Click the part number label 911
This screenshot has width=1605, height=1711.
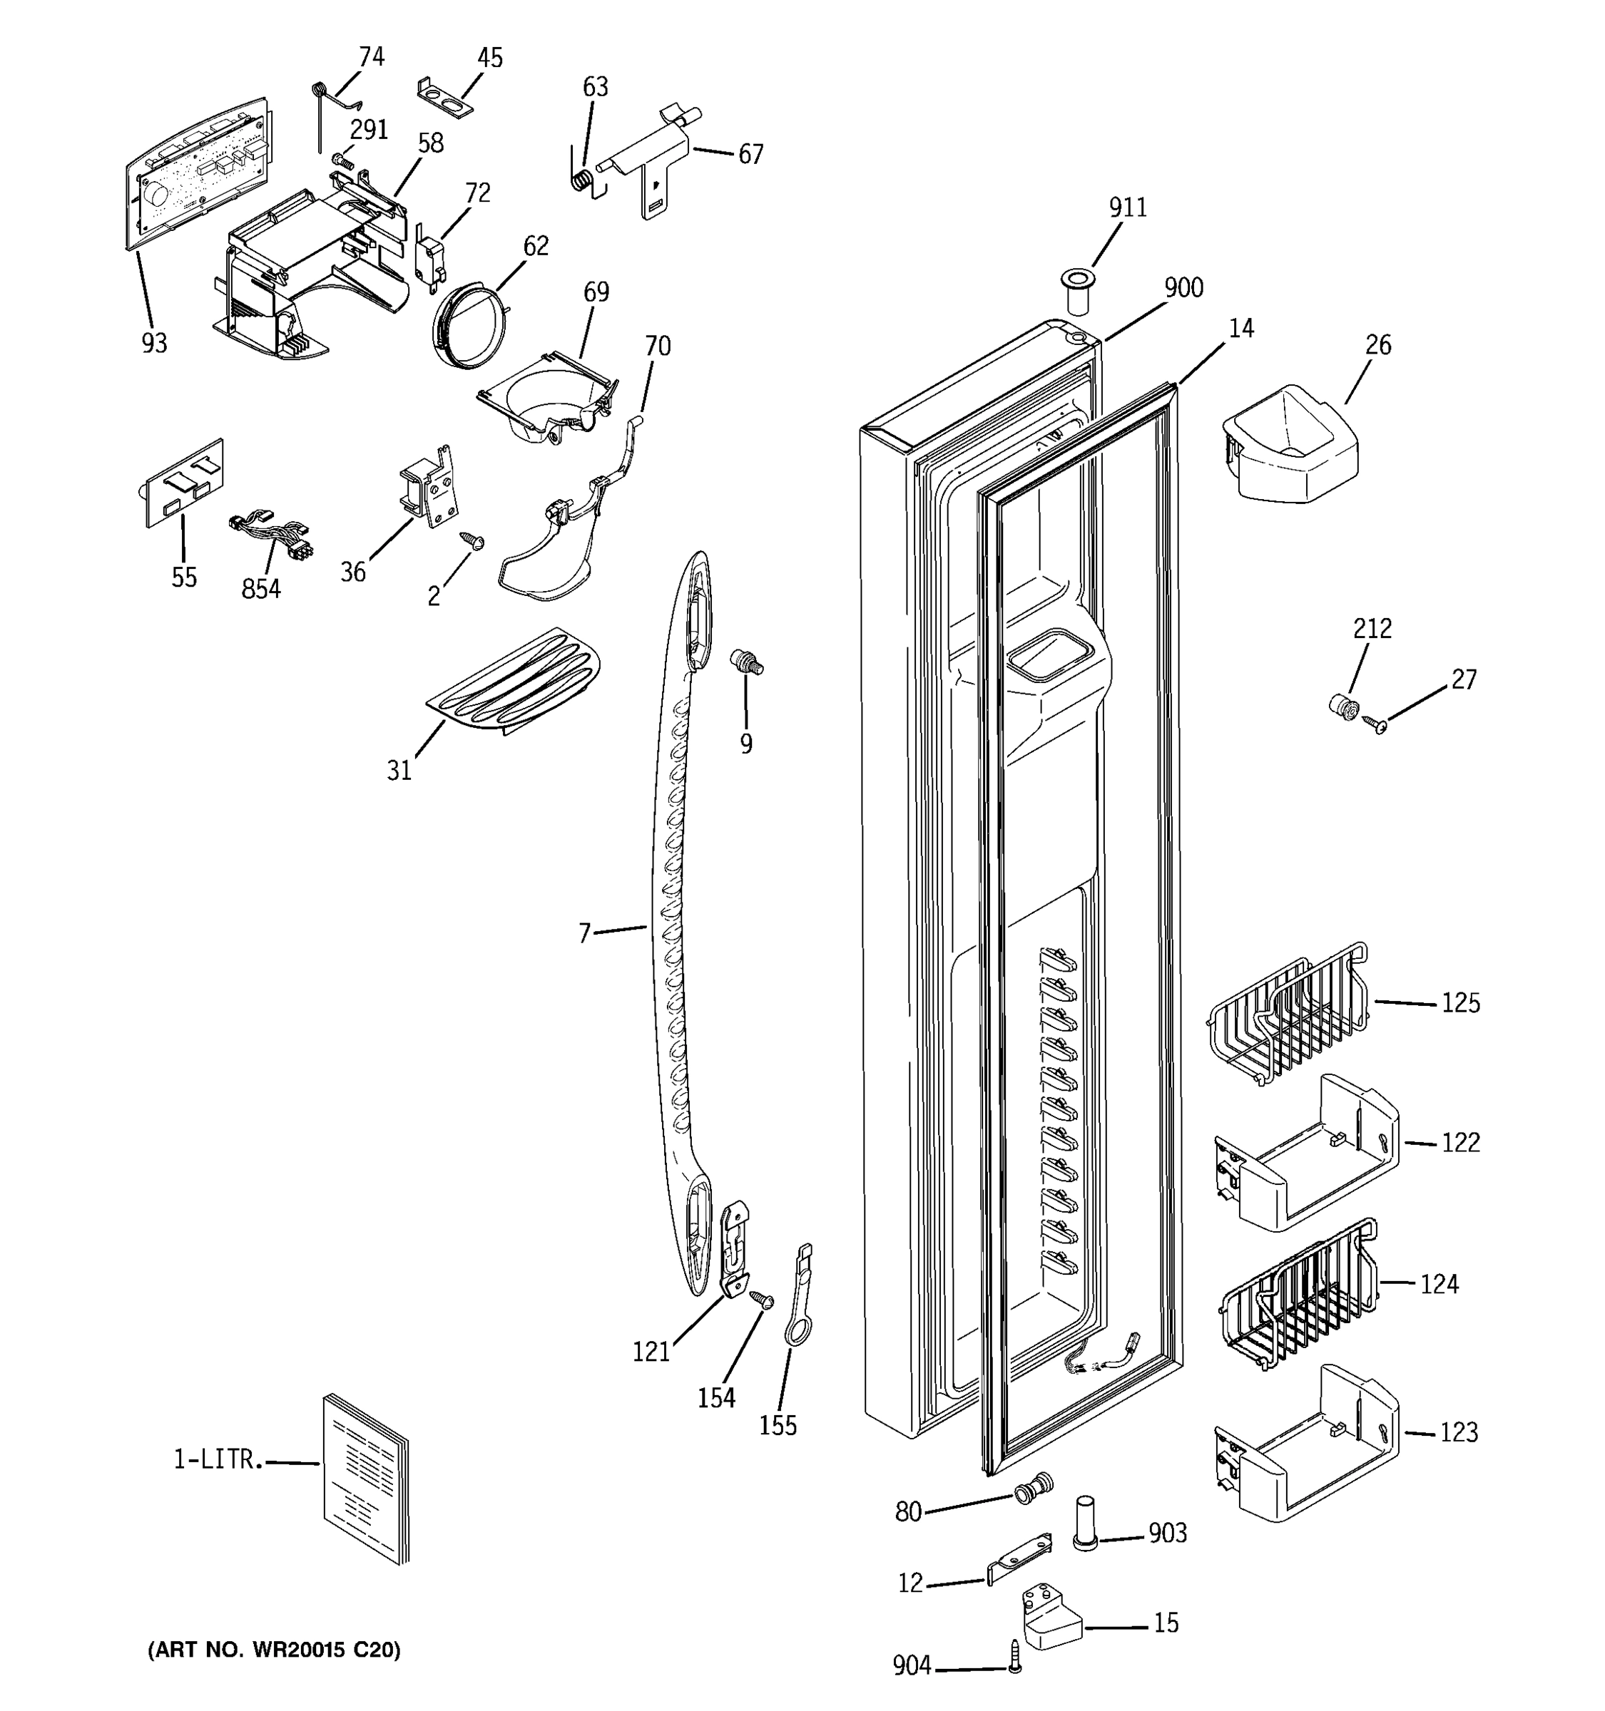pyautogui.click(x=1127, y=207)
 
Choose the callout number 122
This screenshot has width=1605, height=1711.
pyautogui.click(x=1460, y=1143)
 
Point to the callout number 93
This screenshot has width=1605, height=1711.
pyautogui.click(x=154, y=344)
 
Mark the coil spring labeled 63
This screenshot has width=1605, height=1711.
pyautogui.click(x=582, y=180)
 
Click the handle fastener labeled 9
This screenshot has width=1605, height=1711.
pyautogui.click(x=745, y=664)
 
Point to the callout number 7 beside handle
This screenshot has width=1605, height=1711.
pyautogui.click(x=585, y=933)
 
